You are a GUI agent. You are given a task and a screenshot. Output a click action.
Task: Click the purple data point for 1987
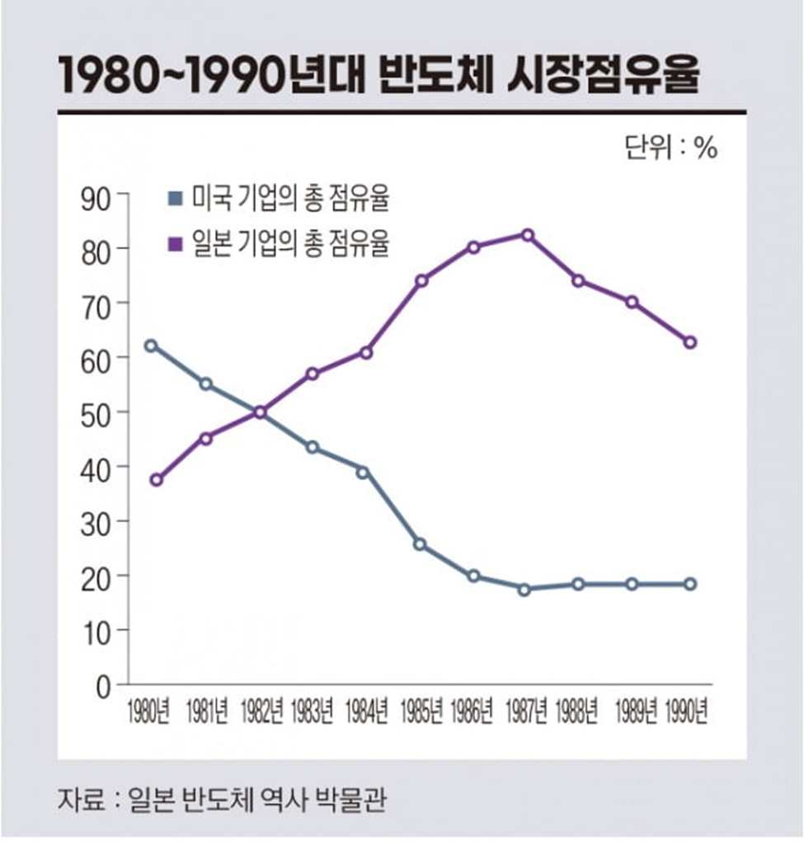pos(528,235)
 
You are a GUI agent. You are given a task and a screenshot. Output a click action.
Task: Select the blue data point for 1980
pos(151,346)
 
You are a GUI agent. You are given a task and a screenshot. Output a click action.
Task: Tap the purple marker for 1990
pos(690,342)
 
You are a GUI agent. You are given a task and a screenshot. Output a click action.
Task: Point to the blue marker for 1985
pos(420,544)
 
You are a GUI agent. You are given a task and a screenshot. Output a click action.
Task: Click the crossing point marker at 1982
pos(261,412)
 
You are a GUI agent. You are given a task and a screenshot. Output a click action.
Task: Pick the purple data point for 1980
pos(157,480)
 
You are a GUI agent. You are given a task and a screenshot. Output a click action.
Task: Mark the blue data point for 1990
pos(690,584)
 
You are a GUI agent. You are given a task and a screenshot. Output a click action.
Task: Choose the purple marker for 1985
pos(421,280)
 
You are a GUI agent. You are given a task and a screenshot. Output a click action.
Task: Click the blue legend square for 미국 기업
pos(175,199)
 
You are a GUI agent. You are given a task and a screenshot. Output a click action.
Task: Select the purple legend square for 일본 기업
pos(175,244)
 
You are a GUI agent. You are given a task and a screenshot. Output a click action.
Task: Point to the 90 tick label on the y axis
pos(96,200)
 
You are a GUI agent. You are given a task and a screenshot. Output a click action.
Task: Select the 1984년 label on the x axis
pos(366,712)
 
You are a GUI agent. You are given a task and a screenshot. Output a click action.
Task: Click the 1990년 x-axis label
pos(686,712)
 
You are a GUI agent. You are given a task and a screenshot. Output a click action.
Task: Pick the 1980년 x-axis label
pos(148,712)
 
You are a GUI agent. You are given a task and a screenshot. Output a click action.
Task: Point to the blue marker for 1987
pos(524,590)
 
